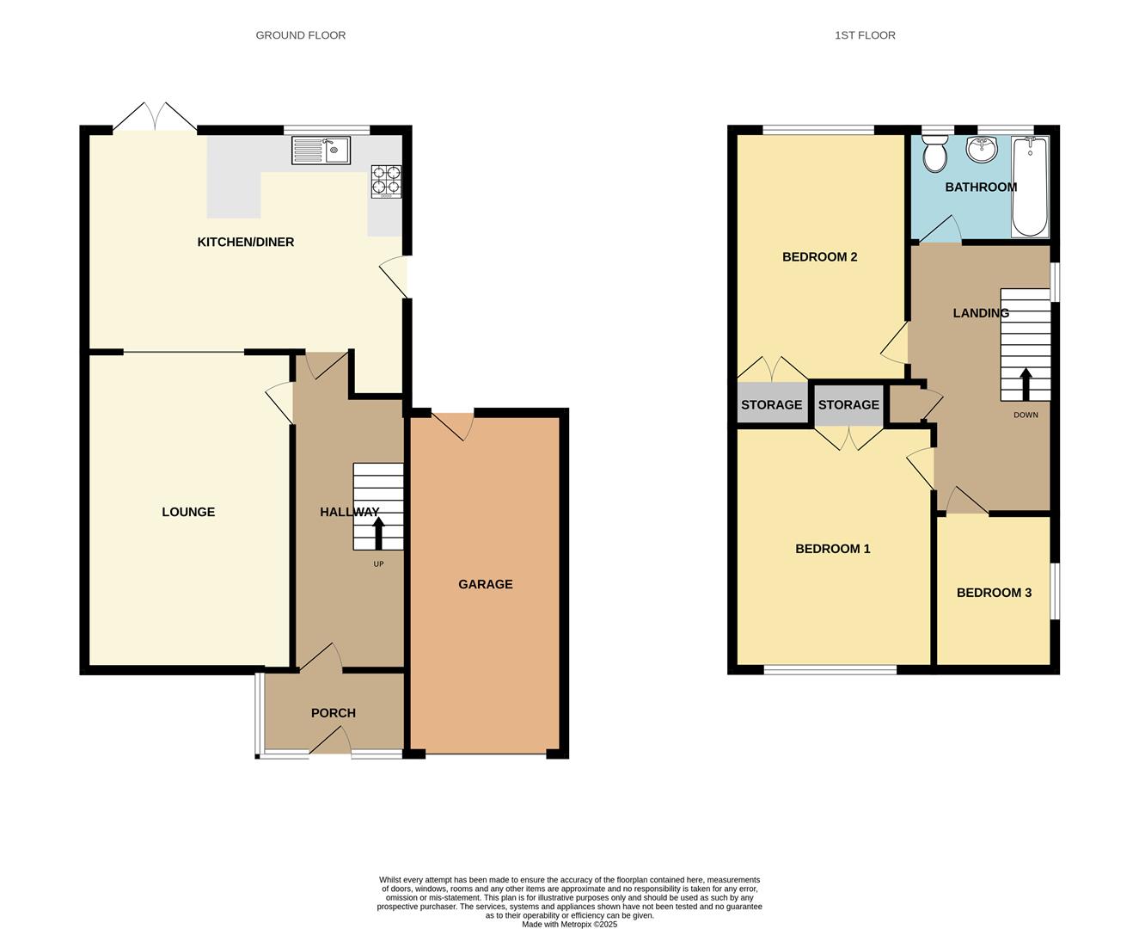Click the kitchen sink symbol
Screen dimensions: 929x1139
point(321,151)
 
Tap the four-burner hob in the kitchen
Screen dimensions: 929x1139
point(386,181)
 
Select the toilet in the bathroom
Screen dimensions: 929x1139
point(934,156)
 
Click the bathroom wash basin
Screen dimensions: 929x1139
point(982,150)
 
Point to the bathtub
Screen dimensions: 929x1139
point(1030,187)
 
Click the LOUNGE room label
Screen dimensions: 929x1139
point(188,512)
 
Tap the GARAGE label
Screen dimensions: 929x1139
point(485,584)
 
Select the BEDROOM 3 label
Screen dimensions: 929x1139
point(994,593)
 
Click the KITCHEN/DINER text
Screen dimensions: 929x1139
point(246,243)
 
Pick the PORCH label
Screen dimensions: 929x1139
point(333,713)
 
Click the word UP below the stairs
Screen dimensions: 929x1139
point(378,564)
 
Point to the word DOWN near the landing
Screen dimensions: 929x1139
point(1026,415)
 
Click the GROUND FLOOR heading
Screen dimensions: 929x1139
point(301,35)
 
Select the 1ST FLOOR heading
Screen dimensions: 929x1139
point(865,35)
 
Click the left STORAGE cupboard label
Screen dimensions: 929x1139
point(771,405)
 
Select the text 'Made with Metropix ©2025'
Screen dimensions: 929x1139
point(569,925)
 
